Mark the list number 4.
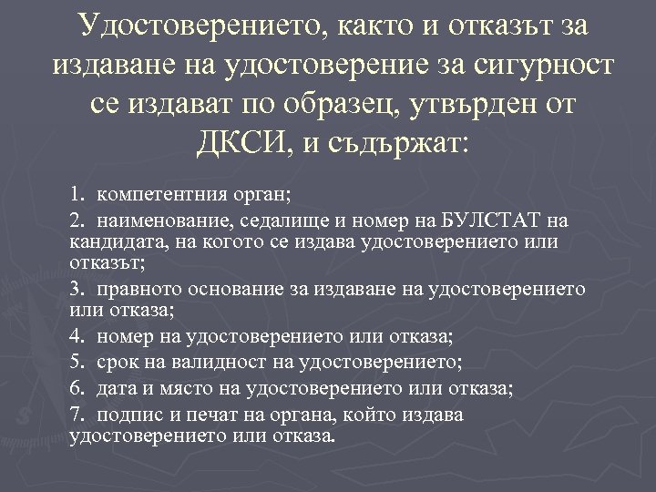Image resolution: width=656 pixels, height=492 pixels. point(75,336)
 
